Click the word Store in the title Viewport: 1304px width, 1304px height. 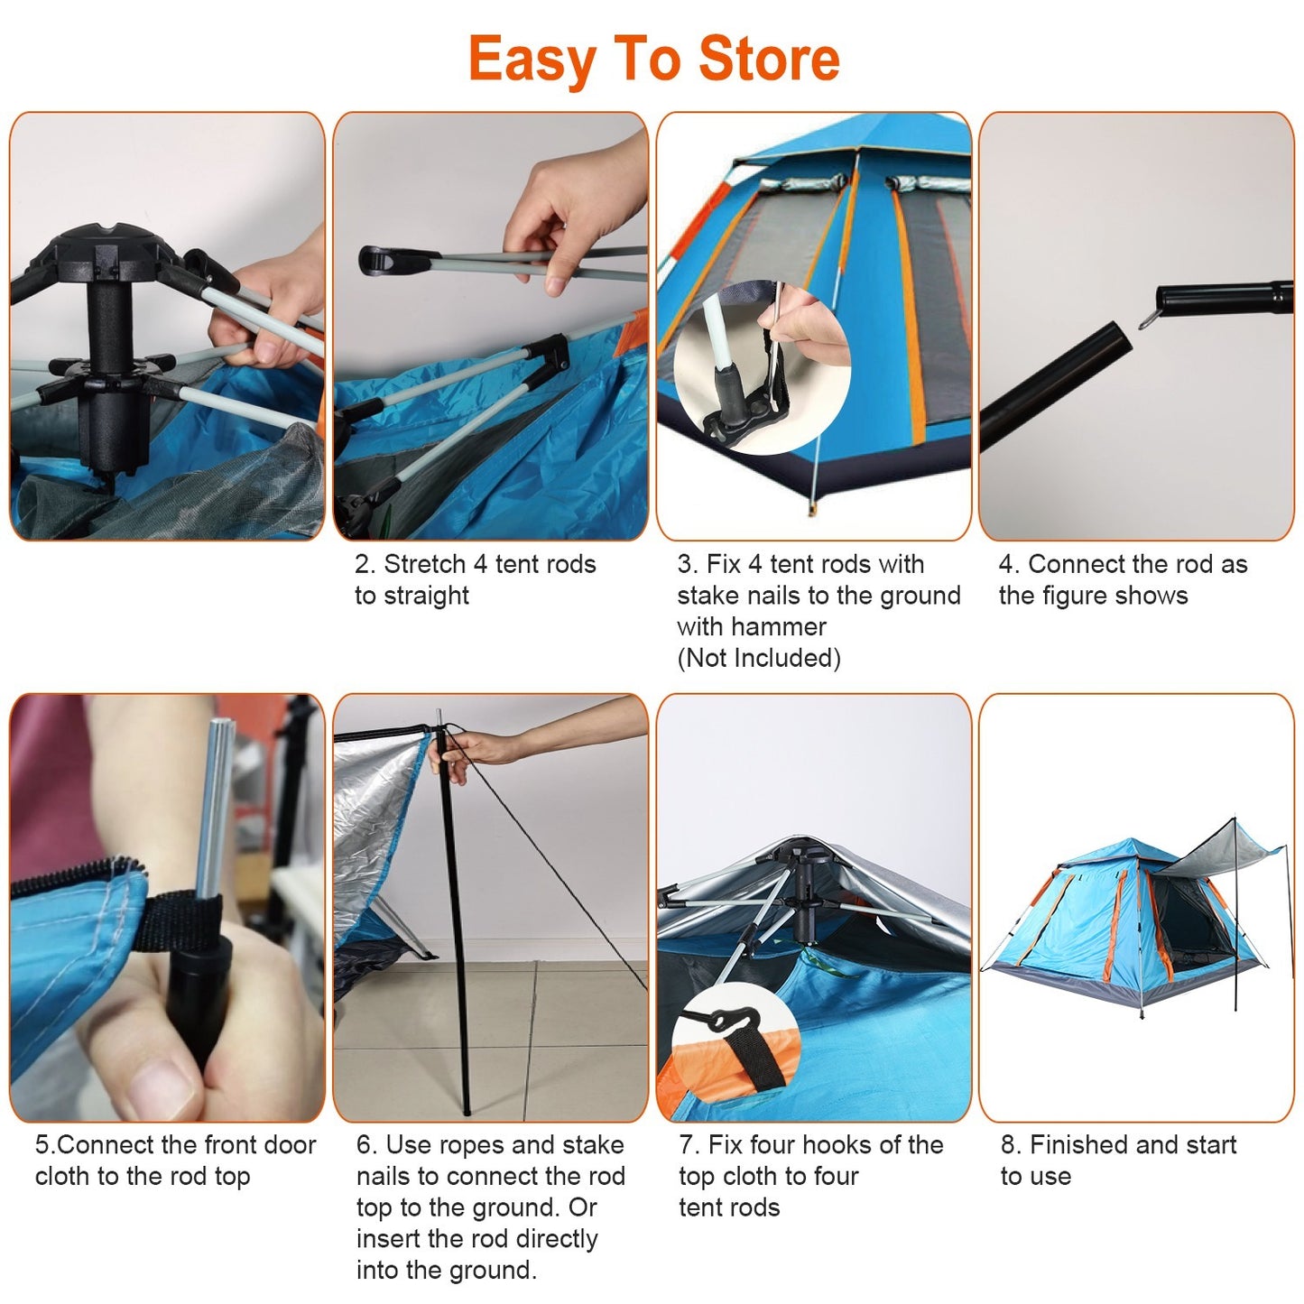(769, 60)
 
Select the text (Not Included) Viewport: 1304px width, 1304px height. (758, 659)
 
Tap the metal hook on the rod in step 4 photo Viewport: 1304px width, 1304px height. (1148, 318)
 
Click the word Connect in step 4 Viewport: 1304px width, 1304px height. (1076, 565)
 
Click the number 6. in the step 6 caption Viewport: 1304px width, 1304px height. (366, 1145)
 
